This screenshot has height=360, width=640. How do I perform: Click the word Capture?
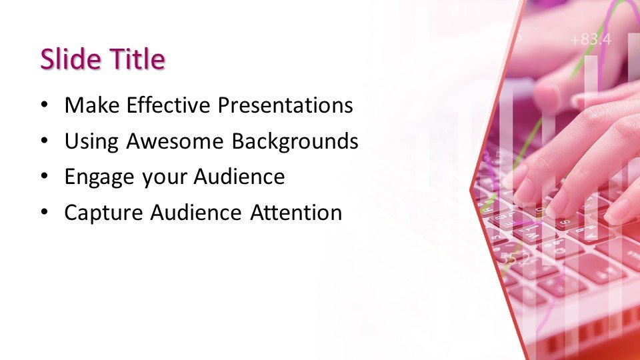click(103, 213)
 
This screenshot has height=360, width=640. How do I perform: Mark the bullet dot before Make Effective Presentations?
click(44, 106)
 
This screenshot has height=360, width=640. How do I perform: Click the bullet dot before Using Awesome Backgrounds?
click(44, 142)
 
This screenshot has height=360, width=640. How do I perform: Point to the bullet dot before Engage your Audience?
click(44, 178)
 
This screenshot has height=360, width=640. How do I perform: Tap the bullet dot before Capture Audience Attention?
click(44, 214)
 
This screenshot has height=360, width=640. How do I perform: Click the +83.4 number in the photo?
click(590, 40)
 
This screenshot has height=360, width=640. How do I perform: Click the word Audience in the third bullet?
click(239, 177)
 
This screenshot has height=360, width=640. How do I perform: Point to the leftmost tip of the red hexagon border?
click(471, 189)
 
